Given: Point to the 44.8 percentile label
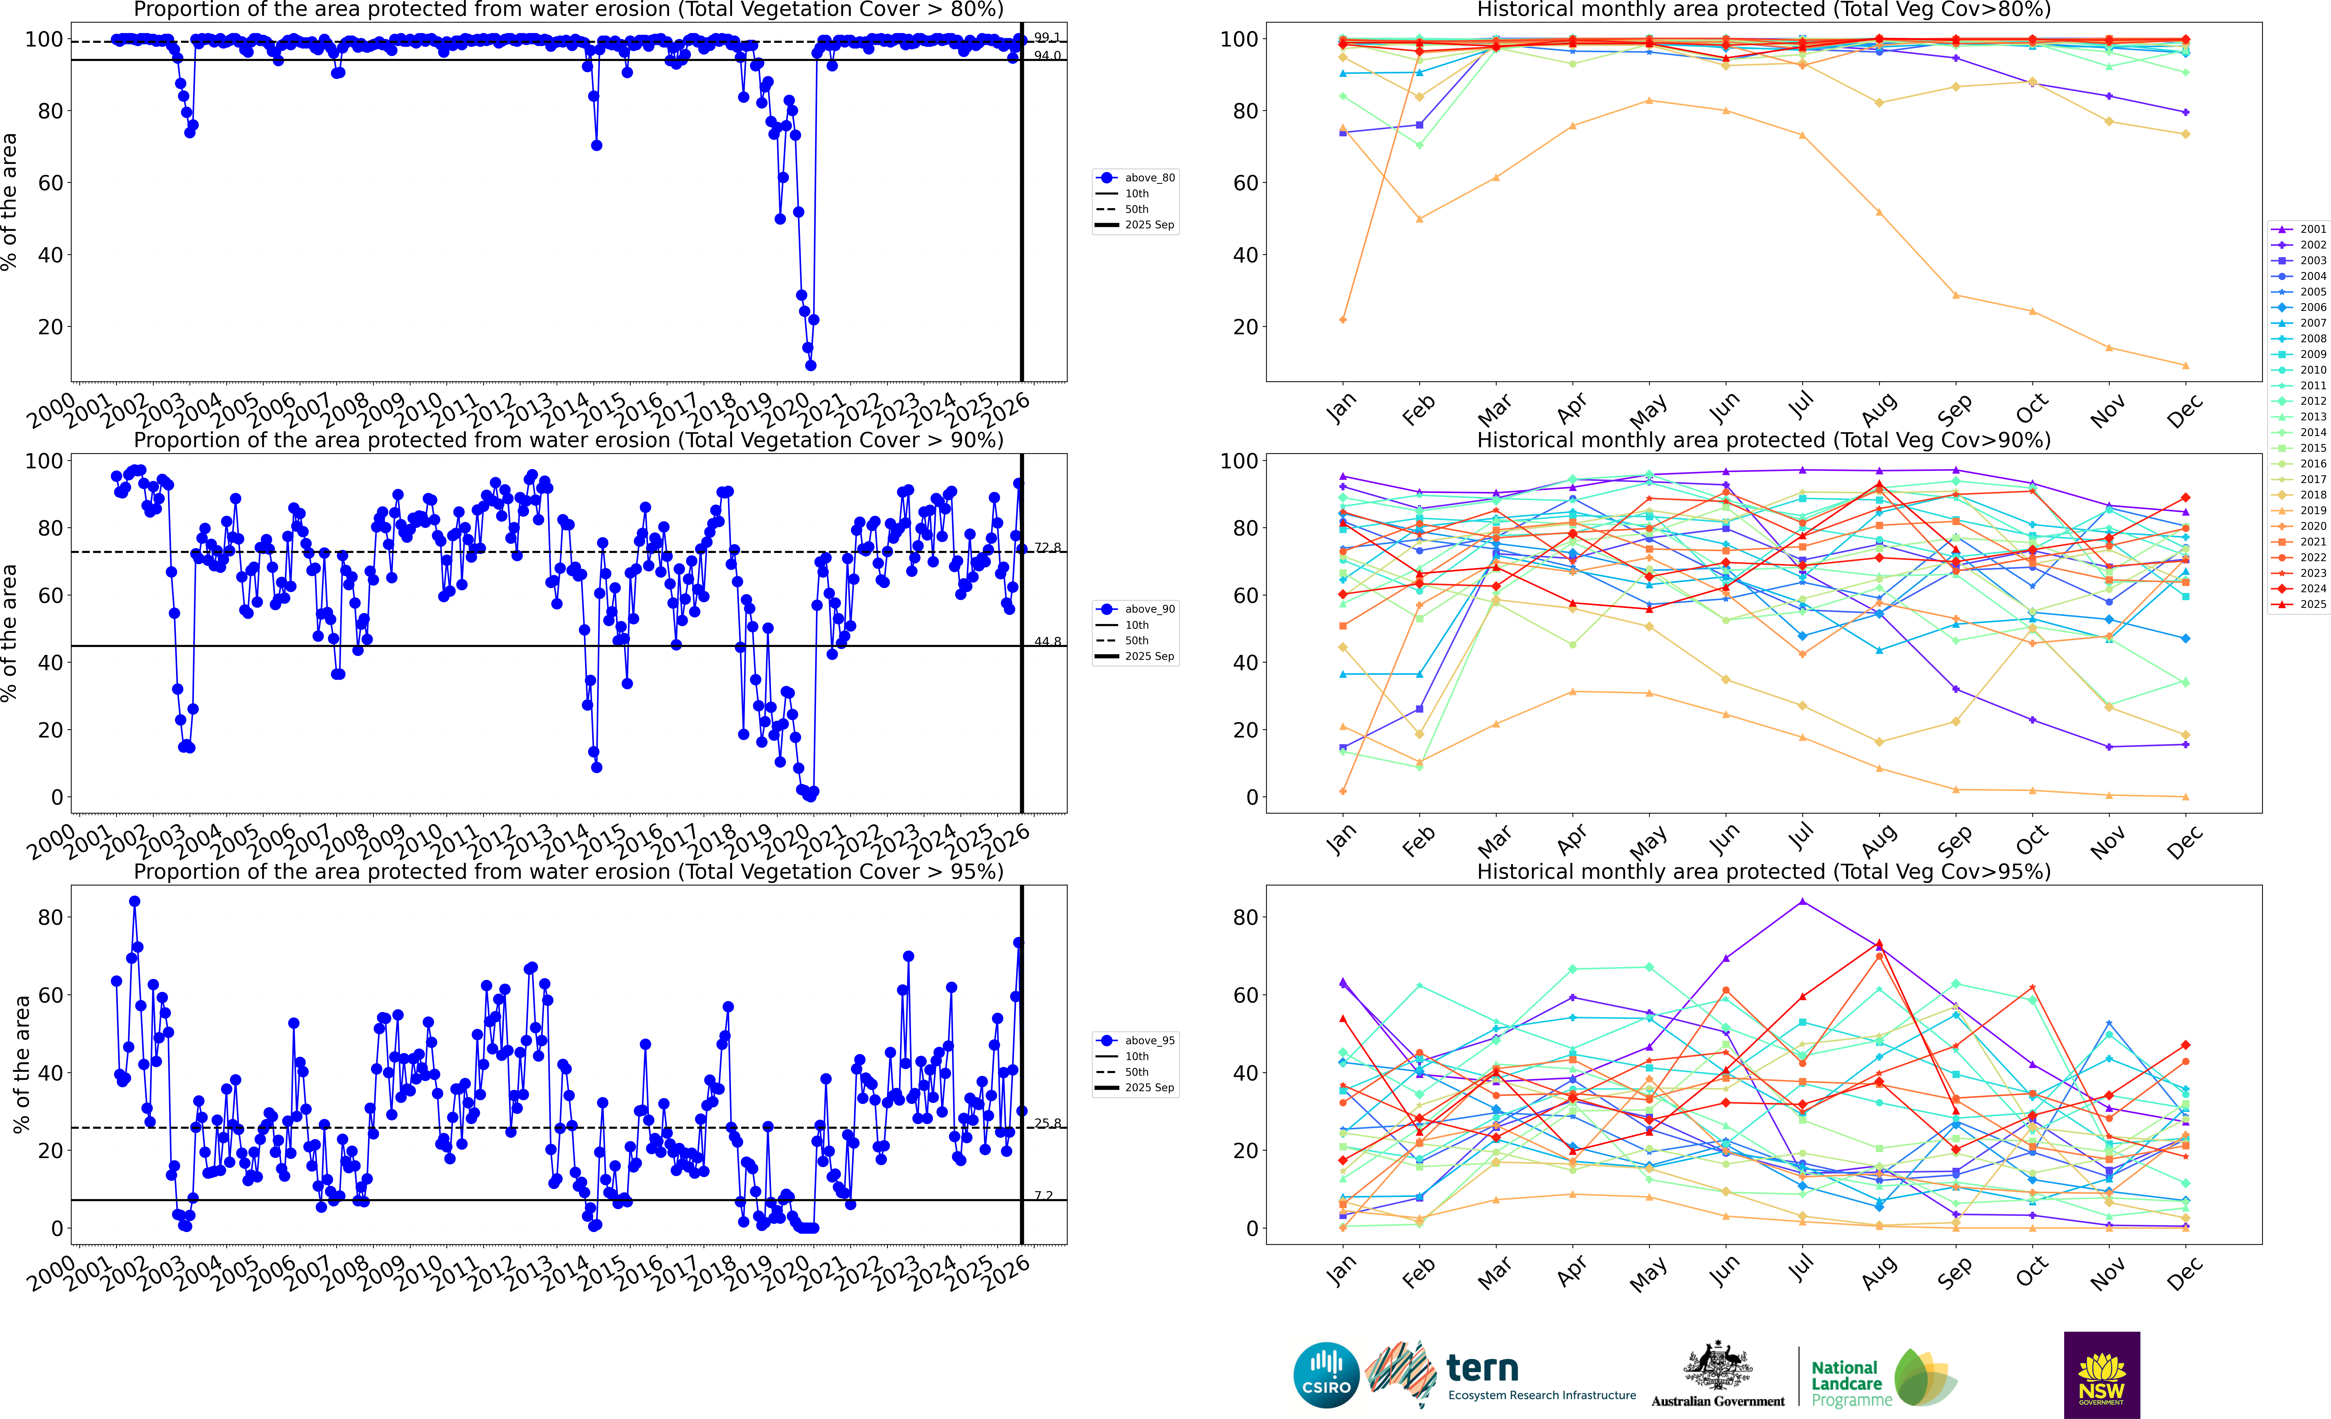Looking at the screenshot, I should (x=1046, y=641).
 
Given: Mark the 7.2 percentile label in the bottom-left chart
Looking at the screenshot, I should (x=1044, y=1196).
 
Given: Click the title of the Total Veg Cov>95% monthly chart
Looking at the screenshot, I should (x=1763, y=871).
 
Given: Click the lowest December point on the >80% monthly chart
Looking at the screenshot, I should (x=2185, y=365).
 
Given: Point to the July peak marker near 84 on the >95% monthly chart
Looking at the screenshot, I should (x=1802, y=902).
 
